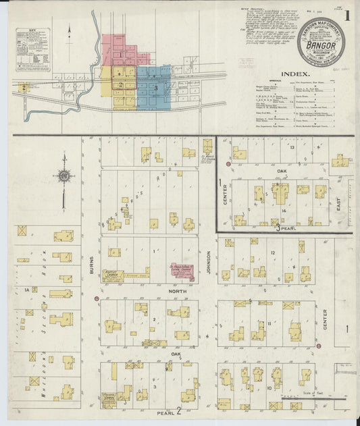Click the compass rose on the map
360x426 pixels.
[x=64, y=176]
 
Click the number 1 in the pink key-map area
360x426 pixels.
[x=120, y=54]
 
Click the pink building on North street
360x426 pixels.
[x=181, y=271]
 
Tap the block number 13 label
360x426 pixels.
[x=292, y=147]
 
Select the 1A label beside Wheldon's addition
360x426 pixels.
[x=28, y=290]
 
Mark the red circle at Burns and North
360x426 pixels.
[x=97, y=298]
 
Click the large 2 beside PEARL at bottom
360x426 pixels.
[x=179, y=410]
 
